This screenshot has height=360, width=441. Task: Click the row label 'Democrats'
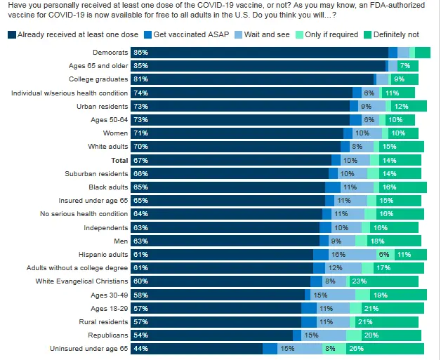(x=110, y=53)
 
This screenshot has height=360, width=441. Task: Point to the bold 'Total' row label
(x=117, y=160)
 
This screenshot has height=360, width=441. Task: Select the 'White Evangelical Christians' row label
(x=82, y=281)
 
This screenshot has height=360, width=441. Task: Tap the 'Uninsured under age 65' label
(x=89, y=349)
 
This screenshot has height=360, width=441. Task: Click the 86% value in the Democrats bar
(x=140, y=53)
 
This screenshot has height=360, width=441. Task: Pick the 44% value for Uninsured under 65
(x=140, y=349)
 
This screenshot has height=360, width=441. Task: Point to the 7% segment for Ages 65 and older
(x=404, y=66)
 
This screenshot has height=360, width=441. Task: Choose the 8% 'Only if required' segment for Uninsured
(x=329, y=349)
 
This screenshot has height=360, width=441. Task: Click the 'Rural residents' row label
(x=103, y=322)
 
